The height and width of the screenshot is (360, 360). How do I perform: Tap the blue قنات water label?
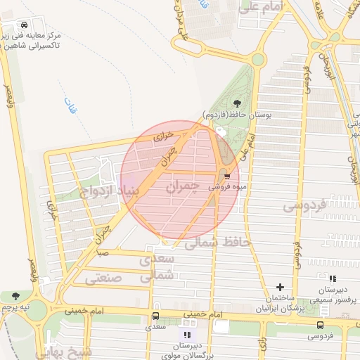click(x=68, y=107)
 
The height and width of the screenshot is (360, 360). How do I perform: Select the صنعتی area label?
click(x=103, y=278)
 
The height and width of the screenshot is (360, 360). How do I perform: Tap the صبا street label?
click(x=103, y=251)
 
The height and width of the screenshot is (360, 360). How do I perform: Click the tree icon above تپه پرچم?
click(x=16, y=297)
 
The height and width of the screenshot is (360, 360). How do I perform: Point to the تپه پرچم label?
click(x=16, y=307)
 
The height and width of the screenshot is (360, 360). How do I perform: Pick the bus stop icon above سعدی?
click(x=155, y=316)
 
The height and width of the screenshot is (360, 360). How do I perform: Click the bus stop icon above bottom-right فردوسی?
click(x=321, y=325)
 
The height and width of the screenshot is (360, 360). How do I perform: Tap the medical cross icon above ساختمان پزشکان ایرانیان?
click(x=281, y=287)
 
